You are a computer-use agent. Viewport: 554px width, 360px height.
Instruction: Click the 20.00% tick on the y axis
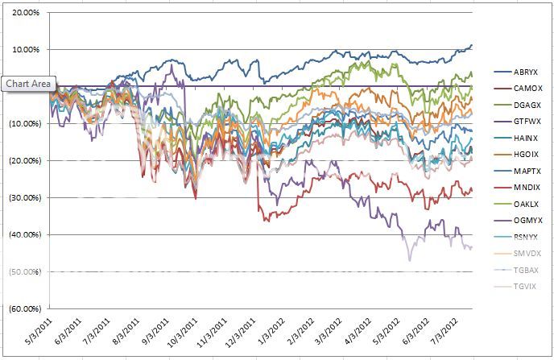[x=26, y=13]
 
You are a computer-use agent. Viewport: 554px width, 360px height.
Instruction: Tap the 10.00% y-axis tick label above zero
[x=26, y=50]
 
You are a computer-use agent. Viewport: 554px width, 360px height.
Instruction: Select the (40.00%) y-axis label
[x=24, y=235]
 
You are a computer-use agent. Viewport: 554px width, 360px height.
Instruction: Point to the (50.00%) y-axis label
[x=24, y=272]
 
